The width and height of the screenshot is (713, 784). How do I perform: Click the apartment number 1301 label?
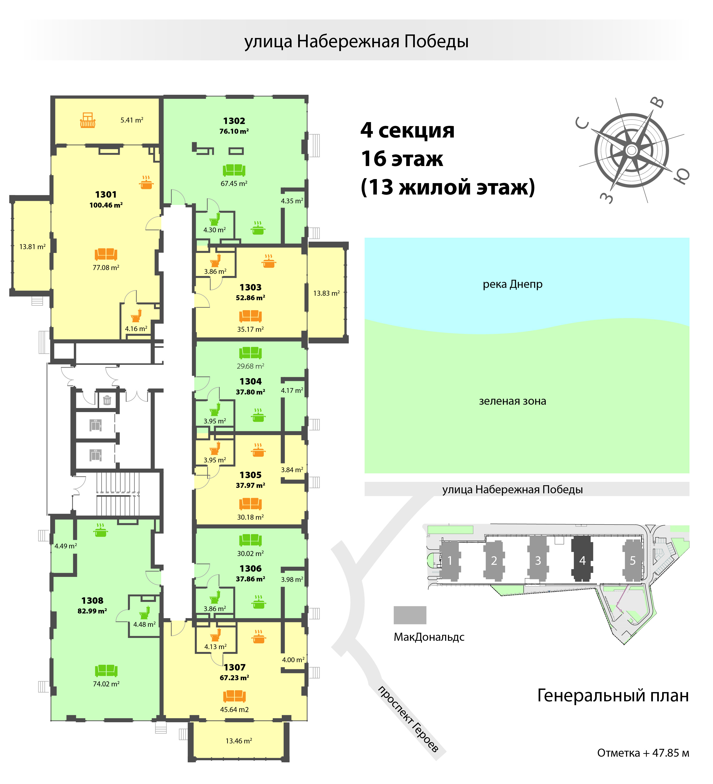point(106,195)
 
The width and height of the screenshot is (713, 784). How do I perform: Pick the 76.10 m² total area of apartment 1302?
point(234,131)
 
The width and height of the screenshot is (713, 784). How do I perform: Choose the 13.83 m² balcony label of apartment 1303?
point(326,293)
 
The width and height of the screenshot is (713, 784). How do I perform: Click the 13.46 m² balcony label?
point(239,741)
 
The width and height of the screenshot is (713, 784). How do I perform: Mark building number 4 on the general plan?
point(582,560)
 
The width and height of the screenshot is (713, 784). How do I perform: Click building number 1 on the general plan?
point(450,560)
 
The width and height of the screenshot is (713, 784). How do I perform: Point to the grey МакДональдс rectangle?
point(410,615)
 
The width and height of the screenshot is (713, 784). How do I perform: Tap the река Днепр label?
point(513,284)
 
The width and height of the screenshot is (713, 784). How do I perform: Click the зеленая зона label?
point(513,401)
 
